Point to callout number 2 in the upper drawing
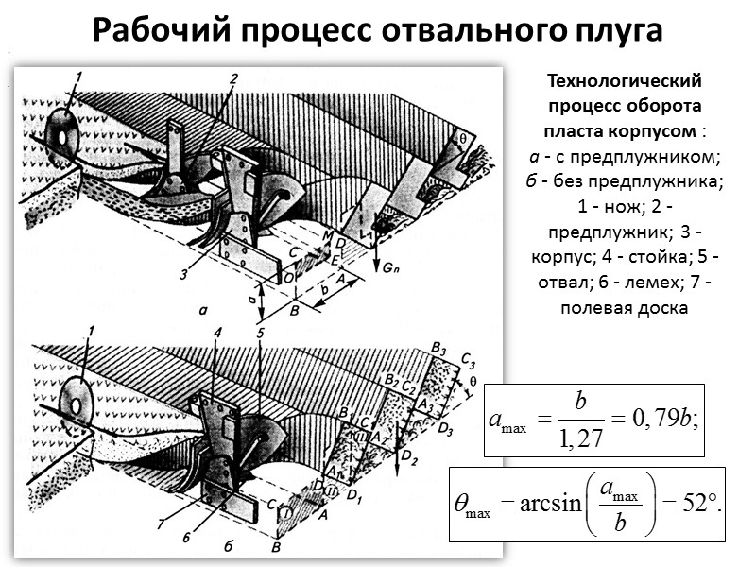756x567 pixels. click(x=232, y=78)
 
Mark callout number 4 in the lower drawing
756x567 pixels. click(x=216, y=333)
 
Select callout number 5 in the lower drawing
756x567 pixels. click(x=260, y=333)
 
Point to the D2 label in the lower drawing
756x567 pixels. click(x=408, y=459)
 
